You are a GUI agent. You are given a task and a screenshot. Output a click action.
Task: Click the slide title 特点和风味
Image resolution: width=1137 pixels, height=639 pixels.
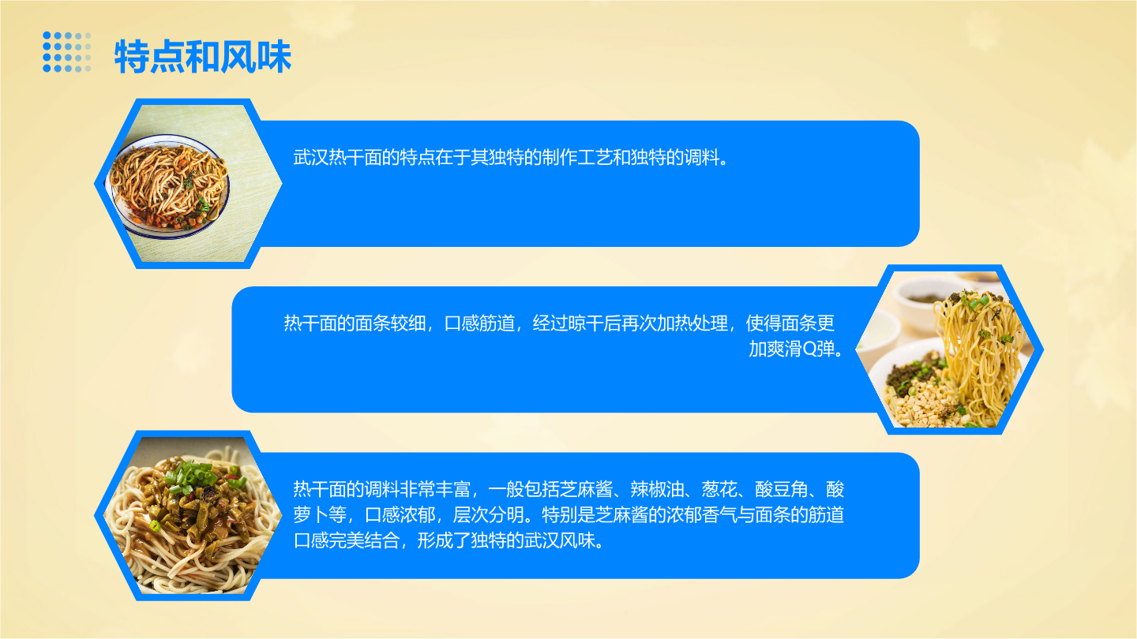coord(203,56)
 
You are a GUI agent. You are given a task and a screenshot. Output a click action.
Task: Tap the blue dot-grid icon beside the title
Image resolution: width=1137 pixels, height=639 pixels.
coord(67,52)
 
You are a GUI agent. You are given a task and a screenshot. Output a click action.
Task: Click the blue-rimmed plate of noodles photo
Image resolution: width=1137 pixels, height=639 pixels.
coord(169,187)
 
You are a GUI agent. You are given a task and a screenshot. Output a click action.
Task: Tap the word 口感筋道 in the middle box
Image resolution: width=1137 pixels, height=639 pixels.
coord(480,323)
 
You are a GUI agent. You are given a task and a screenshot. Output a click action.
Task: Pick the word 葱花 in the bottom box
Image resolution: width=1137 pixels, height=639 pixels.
coord(719,489)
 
